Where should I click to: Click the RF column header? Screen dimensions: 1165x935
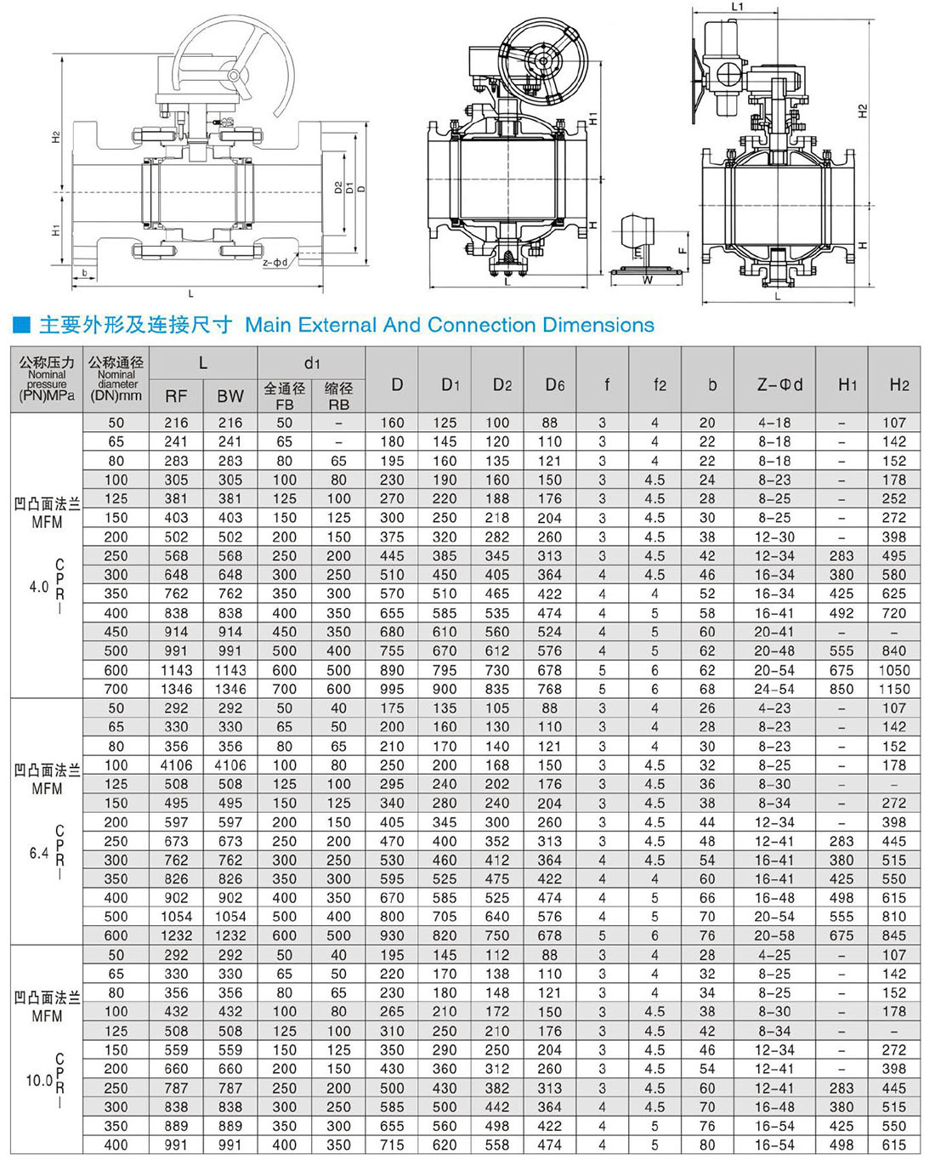coord(176,395)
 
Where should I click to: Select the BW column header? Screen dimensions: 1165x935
coord(229,395)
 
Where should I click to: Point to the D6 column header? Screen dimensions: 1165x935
coord(554,384)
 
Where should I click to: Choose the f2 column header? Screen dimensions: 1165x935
coord(660,384)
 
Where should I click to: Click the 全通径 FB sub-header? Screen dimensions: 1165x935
coord(284,395)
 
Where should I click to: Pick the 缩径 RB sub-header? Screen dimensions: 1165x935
coord(338,395)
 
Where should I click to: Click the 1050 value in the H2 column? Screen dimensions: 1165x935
coord(894,670)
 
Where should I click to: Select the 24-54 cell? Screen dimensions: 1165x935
coord(774,689)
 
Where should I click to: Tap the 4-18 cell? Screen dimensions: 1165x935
coord(774,423)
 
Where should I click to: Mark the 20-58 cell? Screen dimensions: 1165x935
coord(774,935)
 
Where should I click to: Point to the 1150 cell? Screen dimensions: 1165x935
coord(894,689)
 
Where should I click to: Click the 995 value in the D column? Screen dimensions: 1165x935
coord(392,689)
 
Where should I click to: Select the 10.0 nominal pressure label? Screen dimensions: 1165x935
coord(39,1080)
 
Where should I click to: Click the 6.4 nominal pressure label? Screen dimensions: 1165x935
coord(39,852)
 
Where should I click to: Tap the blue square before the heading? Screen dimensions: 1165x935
coord(22,325)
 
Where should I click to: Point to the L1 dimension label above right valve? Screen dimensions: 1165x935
coord(737,7)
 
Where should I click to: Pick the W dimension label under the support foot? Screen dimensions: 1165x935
coord(648,280)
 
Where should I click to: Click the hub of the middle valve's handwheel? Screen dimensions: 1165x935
coord(541,61)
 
